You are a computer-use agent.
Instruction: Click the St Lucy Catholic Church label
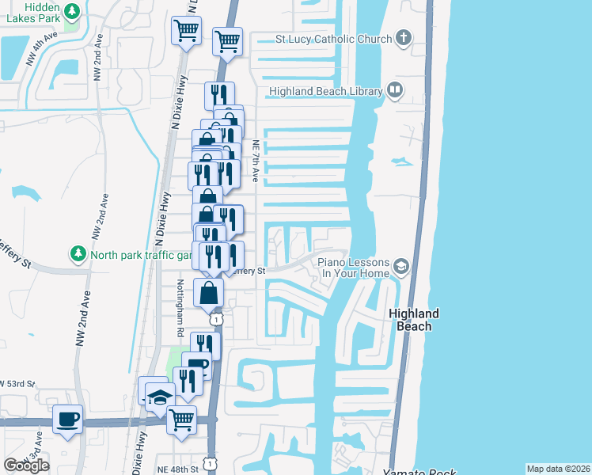point(333,39)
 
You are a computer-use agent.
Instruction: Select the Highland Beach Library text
point(325,92)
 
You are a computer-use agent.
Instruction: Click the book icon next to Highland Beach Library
point(394,91)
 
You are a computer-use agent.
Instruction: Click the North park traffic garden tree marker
point(78,254)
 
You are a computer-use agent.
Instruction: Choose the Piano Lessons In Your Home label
point(354,268)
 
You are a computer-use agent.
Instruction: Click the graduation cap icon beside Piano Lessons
point(402,267)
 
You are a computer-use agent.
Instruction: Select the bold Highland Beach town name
point(414,320)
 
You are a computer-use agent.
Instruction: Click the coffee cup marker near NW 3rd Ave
point(67,418)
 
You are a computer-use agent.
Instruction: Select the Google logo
point(26,465)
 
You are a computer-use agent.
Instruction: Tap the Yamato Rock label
point(419,472)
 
